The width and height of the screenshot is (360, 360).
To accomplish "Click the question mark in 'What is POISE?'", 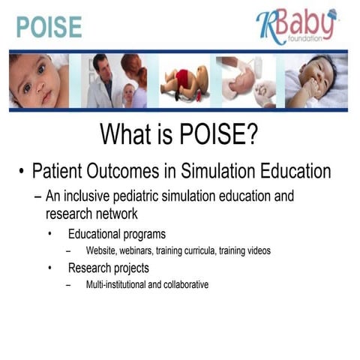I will point(252,135).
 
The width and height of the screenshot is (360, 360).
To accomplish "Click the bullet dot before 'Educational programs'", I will point(50,234).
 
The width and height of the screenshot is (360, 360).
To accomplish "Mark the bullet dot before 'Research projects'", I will point(50,268).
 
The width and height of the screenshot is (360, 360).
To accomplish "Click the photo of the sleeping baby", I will point(315,80).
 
